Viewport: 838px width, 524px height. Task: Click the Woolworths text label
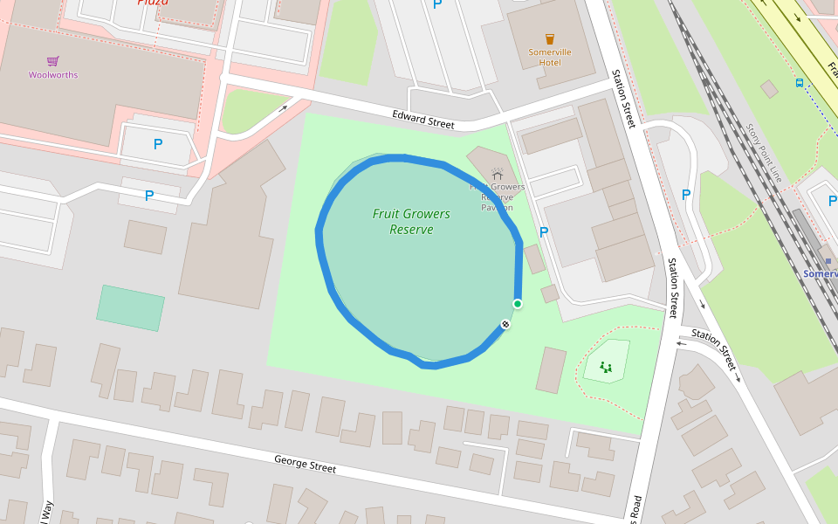pos(53,75)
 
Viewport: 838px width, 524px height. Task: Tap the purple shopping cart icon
pos(53,61)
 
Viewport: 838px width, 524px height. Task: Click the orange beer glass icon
pos(550,39)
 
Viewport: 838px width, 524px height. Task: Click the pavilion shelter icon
pos(498,175)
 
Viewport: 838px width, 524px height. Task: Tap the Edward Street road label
pos(423,120)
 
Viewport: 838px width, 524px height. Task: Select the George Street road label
pos(305,464)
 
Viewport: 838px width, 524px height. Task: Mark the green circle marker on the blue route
pos(518,304)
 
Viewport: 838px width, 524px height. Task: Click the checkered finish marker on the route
pos(505,325)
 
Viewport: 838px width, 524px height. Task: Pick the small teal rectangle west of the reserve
pos(130,308)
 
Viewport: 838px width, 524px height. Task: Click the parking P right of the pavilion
pos(544,232)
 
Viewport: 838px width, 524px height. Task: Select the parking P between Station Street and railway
pos(685,195)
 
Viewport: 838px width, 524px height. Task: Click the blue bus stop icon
pos(800,83)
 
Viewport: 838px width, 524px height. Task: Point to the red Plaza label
pos(154,3)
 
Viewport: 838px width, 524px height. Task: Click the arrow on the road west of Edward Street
pos(283,109)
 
